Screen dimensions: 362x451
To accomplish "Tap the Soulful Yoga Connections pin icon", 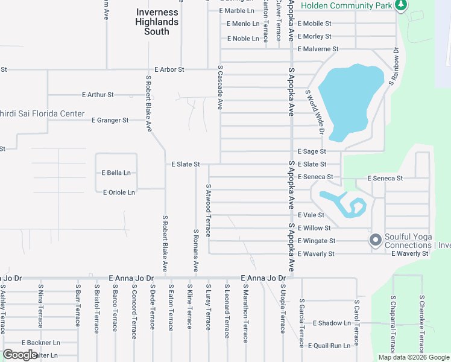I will pos(375,241).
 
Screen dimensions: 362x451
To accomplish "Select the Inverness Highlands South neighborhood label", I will pos(157,22).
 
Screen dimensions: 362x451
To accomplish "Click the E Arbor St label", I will pos(169,69).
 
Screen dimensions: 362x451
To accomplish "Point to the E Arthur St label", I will pos(98,95).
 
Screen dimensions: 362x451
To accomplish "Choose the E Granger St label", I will pos(110,120).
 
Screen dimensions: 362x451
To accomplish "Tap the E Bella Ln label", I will pos(116,173).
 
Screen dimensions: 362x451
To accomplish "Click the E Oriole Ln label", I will pos(119,192).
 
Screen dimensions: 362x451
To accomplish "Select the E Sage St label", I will pos(312,151).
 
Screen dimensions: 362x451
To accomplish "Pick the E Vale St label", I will pos(311,215).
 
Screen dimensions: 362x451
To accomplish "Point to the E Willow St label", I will pos(314,228).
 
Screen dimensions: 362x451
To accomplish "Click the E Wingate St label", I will pos(317,241).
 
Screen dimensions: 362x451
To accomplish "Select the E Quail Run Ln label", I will pos(329,346).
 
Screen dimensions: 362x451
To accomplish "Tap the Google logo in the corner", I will pos(20,355).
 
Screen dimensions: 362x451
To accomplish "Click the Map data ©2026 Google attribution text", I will pos(413,357).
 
